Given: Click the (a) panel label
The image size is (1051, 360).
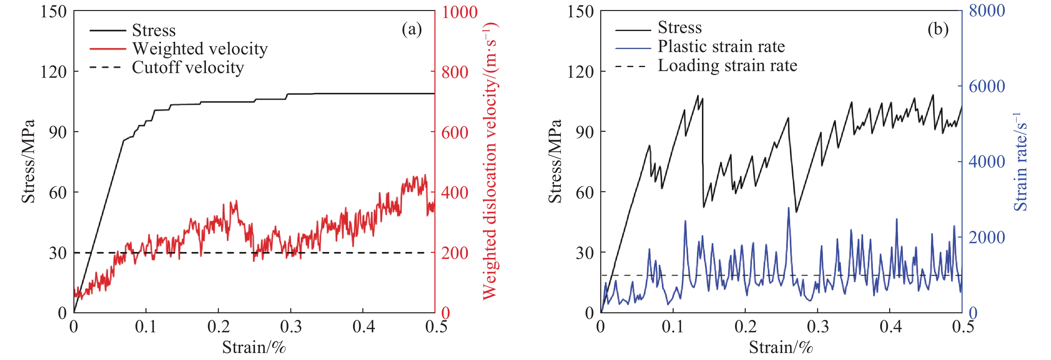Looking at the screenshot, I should (411, 29).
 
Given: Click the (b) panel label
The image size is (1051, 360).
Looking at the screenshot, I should (938, 29).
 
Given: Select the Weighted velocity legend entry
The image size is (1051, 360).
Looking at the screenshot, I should (200, 49).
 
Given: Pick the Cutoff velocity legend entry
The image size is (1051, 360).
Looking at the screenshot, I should (188, 67).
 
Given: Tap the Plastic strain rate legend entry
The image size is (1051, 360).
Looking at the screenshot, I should (721, 46).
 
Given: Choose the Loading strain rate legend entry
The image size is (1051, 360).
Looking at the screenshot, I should (727, 66).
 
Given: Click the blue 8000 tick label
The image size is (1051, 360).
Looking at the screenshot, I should (987, 11).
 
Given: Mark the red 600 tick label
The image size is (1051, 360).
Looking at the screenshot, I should (454, 132).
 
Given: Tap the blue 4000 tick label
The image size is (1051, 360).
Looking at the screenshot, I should (987, 161).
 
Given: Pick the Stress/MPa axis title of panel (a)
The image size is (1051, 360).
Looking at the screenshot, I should (28, 161).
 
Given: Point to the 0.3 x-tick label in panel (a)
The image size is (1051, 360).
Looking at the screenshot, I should (291, 327).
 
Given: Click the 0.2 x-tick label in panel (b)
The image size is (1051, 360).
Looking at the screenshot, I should (745, 327).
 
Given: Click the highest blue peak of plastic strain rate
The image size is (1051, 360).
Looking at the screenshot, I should (788, 208).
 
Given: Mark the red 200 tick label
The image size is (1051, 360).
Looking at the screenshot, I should (454, 253).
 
